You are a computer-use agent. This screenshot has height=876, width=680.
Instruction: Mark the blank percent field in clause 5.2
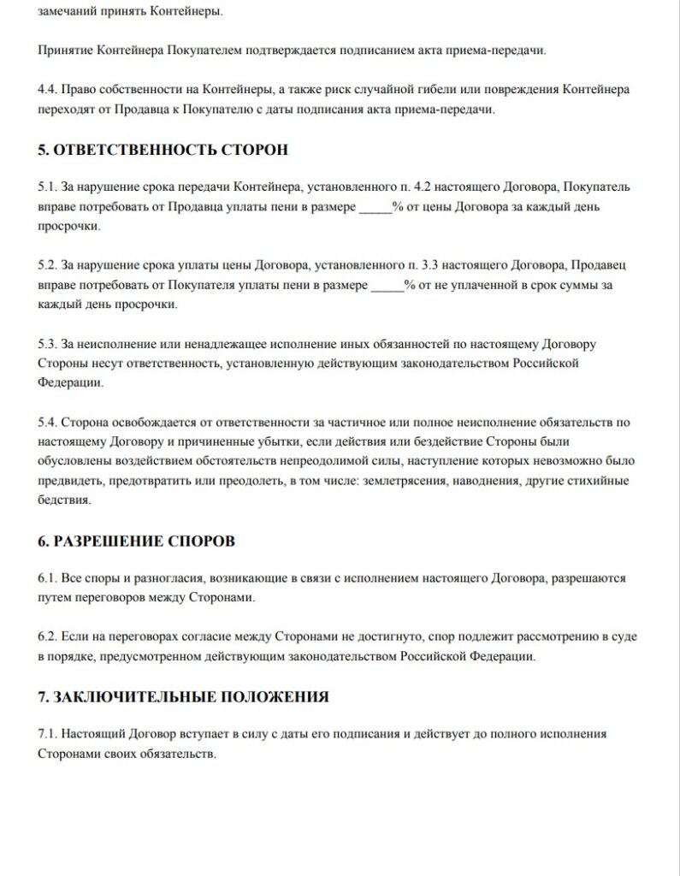pos(387,285)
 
